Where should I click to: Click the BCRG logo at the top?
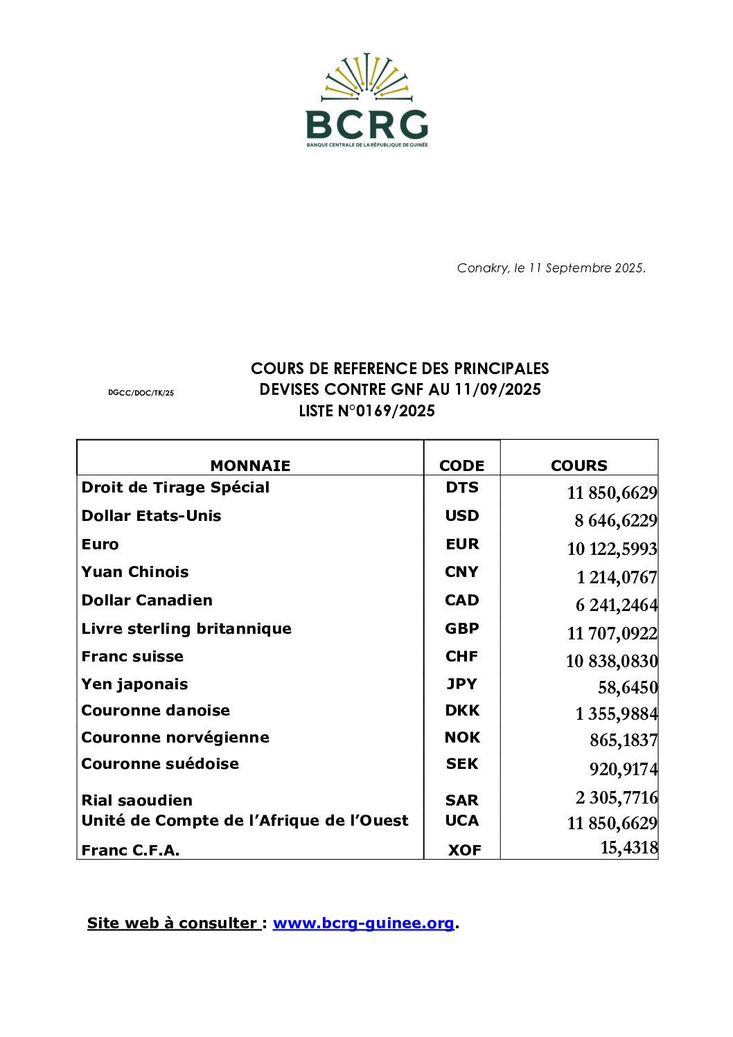click(x=366, y=100)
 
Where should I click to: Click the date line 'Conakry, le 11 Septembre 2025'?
click(x=551, y=268)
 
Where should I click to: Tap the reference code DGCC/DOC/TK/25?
click(x=141, y=393)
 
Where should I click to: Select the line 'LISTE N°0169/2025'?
click(x=366, y=411)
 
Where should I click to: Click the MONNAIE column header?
click(x=250, y=466)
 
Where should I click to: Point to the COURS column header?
click(x=579, y=466)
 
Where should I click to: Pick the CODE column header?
click(x=461, y=466)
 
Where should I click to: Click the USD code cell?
click(x=461, y=516)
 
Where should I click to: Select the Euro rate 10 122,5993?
click(x=612, y=549)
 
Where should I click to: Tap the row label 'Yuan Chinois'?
click(x=135, y=572)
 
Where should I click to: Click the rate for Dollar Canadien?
click(x=616, y=605)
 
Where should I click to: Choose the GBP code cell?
click(x=461, y=629)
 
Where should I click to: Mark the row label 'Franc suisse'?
click(x=132, y=657)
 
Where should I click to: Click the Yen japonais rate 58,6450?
click(x=627, y=688)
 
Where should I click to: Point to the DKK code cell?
click(x=461, y=711)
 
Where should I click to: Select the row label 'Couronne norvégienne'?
click(x=175, y=738)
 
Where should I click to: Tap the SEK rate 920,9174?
click(x=623, y=770)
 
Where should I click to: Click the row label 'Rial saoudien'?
click(x=137, y=801)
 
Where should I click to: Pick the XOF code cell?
click(x=464, y=851)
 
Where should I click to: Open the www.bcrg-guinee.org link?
click(x=364, y=923)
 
